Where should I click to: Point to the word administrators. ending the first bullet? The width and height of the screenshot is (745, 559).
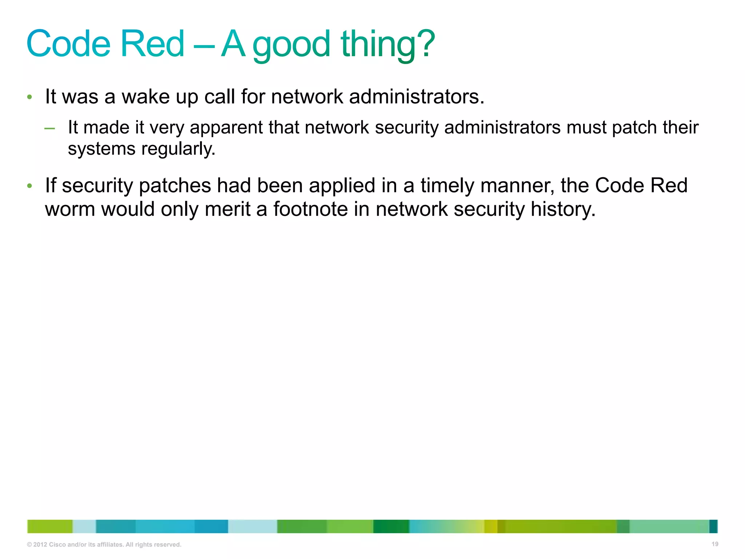pyautogui.click(x=417, y=97)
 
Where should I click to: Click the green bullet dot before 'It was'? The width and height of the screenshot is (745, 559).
pyautogui.click(x=30, y=97)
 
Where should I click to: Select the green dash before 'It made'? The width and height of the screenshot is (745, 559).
pyautogui.click(x=49, y=128)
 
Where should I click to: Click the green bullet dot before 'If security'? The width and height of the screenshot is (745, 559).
pyautogui.click(x=30, y=186)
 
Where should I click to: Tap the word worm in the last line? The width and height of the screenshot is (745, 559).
pyautogui.click(x=70, y=210)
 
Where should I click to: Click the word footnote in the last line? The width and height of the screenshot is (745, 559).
pyautogui.click(x=310, y=209)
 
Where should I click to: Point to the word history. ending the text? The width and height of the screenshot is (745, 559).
pyautogui.click(x=563, y=209)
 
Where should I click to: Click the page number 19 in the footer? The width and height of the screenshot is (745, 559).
pyautogui.click(x=715, y=544)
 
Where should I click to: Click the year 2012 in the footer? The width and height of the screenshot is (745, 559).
pyautogui.click(x=40, y=545)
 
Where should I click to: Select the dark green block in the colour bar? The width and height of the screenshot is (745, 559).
pyautogui.click(x=391, y=526)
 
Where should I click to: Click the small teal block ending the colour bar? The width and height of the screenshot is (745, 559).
pyautogui.click(x=713, y=526)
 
